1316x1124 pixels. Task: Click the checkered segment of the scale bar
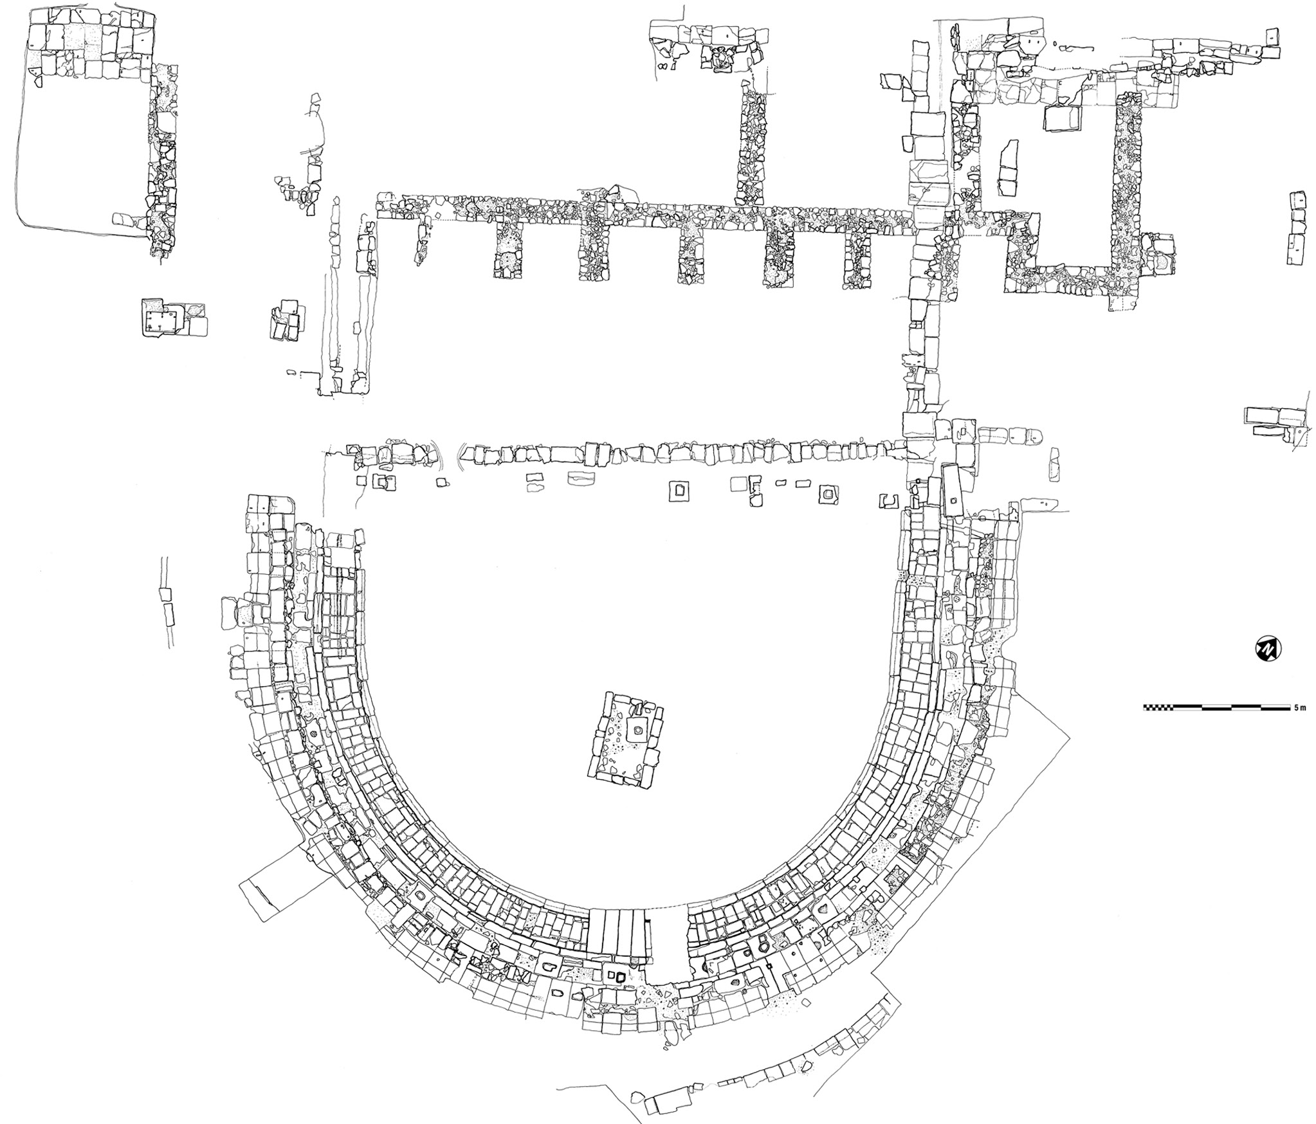(1158, 707)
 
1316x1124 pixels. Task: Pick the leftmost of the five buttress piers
(508, 255)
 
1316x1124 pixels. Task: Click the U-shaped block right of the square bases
(889, 500)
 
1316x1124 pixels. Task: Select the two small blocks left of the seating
(167, 604)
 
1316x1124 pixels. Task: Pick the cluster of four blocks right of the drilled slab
(284, 320)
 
